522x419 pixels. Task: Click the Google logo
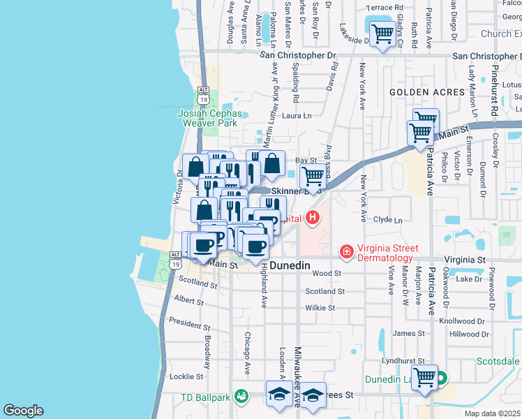(23, 411)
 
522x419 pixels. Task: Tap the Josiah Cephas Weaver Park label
(210, 117)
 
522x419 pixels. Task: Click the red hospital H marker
(313, 218)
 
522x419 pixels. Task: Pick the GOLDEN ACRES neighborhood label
(427, 92)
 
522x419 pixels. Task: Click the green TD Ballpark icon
(241, 397)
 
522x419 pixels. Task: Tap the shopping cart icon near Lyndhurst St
(424, 378)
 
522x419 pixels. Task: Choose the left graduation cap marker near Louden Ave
(279, 394)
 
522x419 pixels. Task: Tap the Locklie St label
(186, 376)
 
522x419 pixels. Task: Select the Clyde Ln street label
(388, 220)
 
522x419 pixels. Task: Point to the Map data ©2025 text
(493, 413)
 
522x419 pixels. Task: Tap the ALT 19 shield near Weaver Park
(203, 95)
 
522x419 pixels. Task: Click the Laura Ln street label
(297, 115)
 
